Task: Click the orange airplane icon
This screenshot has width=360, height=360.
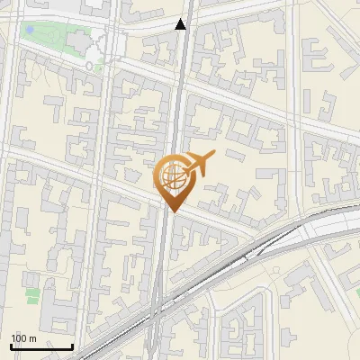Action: coord(199,164)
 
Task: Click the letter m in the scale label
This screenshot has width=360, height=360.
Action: coord(33,338)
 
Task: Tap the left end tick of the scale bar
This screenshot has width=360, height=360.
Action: coord(11,346)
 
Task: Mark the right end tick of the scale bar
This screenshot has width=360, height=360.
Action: coord(73,346)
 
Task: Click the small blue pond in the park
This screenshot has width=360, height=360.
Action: coord(30,30)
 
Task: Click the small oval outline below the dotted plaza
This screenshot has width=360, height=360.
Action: coord(94,66)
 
